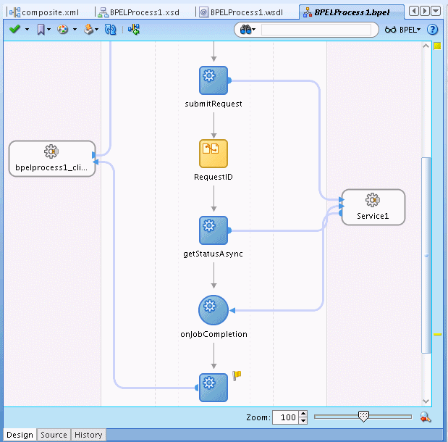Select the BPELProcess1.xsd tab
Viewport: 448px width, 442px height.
click(x=145, y=12)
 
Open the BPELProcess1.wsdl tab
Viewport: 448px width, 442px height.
click(x=246, y=12)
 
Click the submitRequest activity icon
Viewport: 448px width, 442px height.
click(x=214, y=80)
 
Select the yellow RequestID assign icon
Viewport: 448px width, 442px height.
click(x=214, y=154)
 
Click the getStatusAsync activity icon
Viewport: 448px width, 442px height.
click(x=214, y=230)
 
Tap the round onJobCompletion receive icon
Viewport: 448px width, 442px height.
click(x=214, y=310)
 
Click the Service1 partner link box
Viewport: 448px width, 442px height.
click(x=373, y=207)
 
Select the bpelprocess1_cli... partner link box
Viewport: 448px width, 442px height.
click(x=51, y=159)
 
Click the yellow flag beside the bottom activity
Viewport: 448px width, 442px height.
click(x=237, y=375)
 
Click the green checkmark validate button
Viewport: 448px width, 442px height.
click(x=14, y=30)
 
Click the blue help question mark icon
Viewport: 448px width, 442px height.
click(x=433, y=30)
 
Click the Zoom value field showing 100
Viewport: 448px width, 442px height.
click(x=285, y=417)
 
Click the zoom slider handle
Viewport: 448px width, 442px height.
click(x=364, y=416)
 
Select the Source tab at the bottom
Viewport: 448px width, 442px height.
click(x=54, y=435)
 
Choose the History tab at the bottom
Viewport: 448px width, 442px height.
click(x=88, y=435)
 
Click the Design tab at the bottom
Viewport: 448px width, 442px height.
click(x=20, y=435)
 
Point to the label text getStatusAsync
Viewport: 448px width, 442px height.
click(x=214, y=254)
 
